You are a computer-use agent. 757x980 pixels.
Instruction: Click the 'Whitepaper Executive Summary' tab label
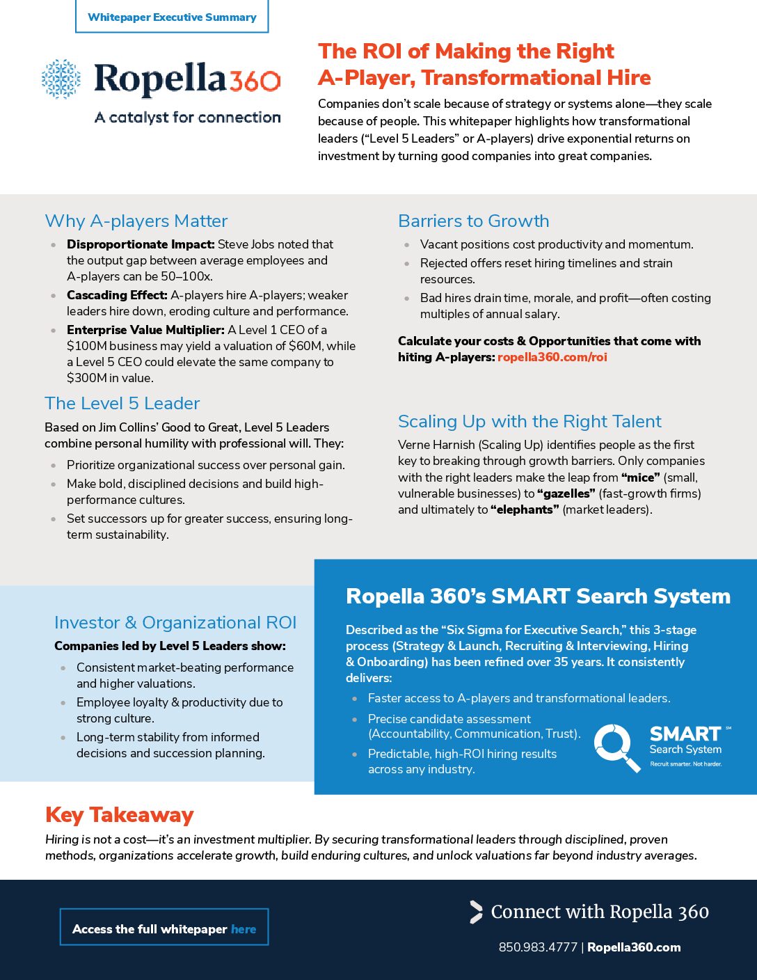click(x=172, y=17)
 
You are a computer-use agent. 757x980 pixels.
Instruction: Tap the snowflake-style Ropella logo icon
click(x=61, y=79)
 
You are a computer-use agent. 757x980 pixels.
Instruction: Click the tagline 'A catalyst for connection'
click(x=188, y=118)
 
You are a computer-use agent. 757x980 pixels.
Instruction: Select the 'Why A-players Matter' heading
click(x=136, y=221)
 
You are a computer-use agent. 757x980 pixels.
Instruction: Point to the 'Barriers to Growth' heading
click(x=473, y=221)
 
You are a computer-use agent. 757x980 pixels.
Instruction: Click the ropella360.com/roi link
click(x=552, y=357)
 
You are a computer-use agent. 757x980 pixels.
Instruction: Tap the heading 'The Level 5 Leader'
click(x=122, y=404)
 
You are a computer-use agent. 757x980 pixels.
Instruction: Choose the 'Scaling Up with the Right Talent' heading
click(x=529, y=422)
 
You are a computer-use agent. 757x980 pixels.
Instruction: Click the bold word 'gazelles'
click(x=566, y=493)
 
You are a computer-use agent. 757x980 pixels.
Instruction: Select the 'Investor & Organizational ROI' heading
click(x=175, y=623)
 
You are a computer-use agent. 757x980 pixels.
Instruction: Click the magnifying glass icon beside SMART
click(x=616, y=747)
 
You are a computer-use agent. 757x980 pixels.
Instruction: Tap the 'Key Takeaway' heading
click(x=120, y=815)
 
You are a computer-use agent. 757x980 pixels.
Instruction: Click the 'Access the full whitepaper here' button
click(x=164, y=928)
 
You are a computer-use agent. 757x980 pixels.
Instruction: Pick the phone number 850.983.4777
click(x=538, y=947)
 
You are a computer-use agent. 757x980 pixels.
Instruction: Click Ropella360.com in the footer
click(x=634, y=947)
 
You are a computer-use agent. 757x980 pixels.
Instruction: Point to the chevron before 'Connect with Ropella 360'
click(x=476, y=912)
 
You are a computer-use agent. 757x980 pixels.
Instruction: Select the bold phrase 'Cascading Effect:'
click(x=117, y=295)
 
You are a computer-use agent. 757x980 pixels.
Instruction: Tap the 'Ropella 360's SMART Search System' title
click(x=538, y=596)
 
